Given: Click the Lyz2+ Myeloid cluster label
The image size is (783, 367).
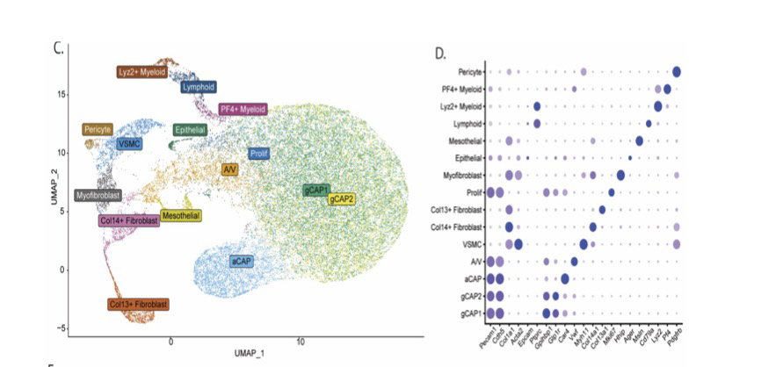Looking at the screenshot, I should click(142, 72).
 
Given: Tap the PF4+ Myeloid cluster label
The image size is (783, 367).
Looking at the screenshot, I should click(243, 109).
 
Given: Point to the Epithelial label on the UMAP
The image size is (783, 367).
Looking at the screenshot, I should click(191, 130).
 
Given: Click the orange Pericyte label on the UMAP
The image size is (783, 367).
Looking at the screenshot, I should click(98, 129).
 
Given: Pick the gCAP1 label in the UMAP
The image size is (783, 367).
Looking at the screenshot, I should click(315, 190).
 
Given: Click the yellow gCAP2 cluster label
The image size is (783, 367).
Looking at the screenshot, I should click(342, 199).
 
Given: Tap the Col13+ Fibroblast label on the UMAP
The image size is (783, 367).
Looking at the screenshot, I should click(139, 305).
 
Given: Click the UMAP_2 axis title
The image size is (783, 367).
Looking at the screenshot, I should click(54, 188).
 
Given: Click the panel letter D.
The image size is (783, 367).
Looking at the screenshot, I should click(441, 54).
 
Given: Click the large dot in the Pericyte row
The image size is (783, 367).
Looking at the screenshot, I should click(677, 72).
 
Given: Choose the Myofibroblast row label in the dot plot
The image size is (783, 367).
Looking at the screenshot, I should click(461, 175).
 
